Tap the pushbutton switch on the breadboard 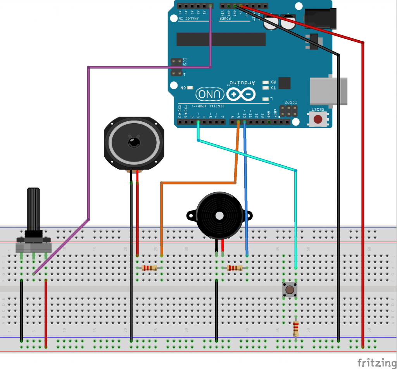(x=289, y=290)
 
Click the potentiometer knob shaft (x=33, y=209)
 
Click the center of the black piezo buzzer (x=219, y=215)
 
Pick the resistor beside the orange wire (x=149, y=268)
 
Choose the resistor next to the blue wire (x=235, y=268)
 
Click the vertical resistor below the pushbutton (x=296, y=329)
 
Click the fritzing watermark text (x=374, y=363)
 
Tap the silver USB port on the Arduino (x=328, y=91)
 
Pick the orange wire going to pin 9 (x=161, y=217)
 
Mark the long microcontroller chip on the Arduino (x=221, y=39)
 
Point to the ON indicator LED (x=190, y=88)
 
